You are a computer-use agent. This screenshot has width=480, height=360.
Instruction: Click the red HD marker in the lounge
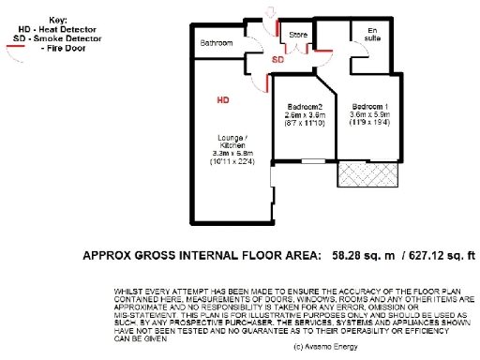(x=222, y=97)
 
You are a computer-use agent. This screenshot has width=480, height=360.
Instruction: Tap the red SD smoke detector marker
(x=277, y=60)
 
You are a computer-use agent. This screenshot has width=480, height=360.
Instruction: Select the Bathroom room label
(x=217, y=43)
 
